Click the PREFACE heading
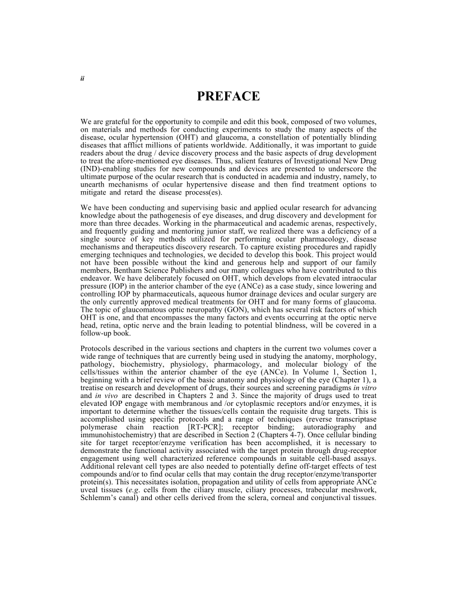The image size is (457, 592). [x=228, y=96]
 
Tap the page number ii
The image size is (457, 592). [x=82, y=78]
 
